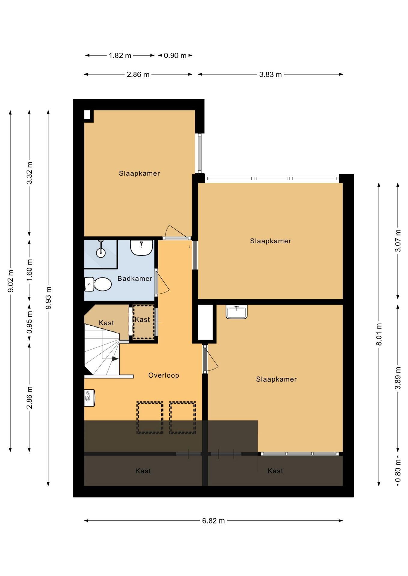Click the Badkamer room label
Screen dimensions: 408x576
tap(135, 278)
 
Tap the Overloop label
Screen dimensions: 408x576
tap(164, 375)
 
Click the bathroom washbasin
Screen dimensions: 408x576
tap(141, 247)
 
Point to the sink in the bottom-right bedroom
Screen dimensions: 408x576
tap(237, 312)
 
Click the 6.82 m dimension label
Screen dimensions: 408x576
tap(213, 520)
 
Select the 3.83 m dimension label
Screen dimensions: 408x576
tap(270, 74)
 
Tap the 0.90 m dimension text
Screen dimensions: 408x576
tap(175, 55)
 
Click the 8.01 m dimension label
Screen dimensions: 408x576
tap(379, 334)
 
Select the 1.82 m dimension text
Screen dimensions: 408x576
tap(120, 55)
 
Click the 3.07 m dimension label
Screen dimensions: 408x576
tap(398, 241)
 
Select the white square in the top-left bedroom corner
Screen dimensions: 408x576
tap(87, 115)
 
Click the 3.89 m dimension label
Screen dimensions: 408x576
tap(398, 378)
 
